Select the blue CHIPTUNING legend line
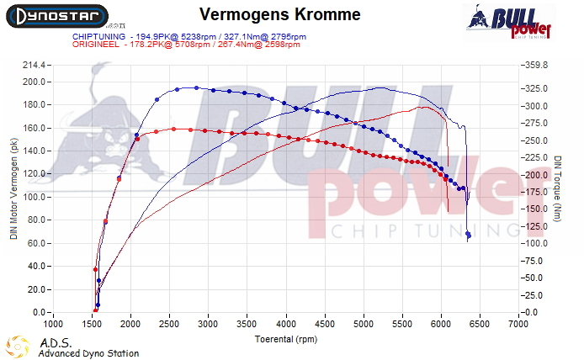(x=186, y=36)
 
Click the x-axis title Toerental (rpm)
(x=286, y=339)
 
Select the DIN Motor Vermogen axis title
(x=13, y=189)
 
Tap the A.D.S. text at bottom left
(x=56, y=342)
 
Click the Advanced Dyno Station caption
(x=88, y=353)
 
